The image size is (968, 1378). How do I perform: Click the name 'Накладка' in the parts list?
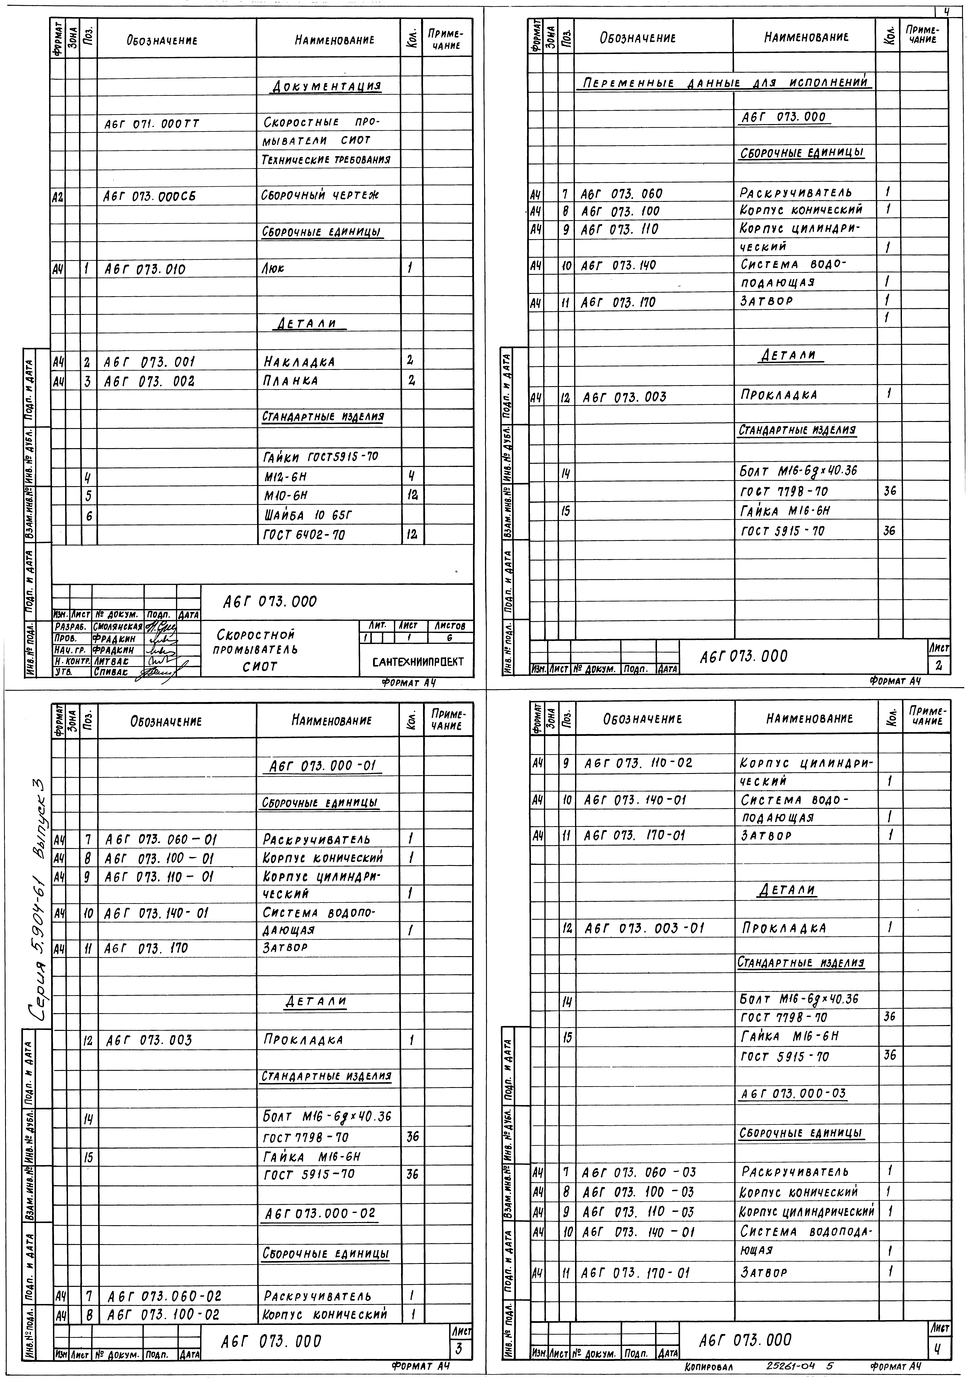[x=299, y=362]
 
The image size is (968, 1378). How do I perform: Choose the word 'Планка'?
[x=291, y=380]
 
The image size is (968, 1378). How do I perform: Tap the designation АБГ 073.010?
[x=145, y=269]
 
